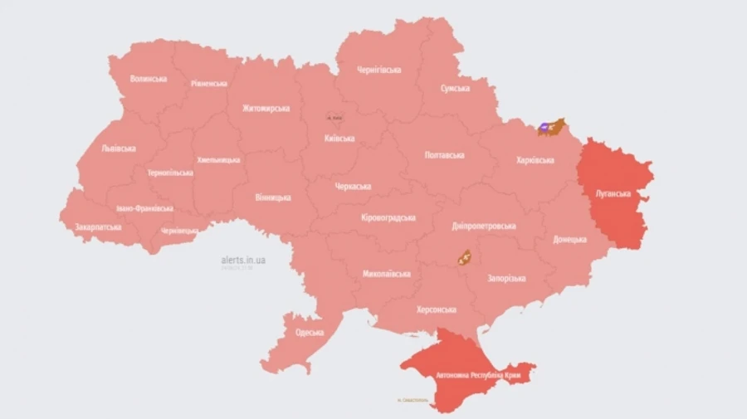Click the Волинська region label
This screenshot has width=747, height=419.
coord(149,79)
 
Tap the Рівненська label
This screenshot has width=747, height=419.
coord(208,84)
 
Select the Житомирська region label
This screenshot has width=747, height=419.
coord(266,108)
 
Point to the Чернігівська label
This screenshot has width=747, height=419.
coord(378,70)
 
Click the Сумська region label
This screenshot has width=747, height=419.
coord(455,88)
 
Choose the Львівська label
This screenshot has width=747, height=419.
coord(119,149)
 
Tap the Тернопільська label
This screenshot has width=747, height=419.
coord(170,173)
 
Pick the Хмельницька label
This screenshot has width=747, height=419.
coord(219,159)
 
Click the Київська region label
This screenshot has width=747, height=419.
coord(339,139)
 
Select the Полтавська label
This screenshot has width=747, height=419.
coord(444,155)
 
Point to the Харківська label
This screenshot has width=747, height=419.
coord(535,159)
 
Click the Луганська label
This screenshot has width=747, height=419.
coord(613,193)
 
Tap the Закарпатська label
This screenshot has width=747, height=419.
coord(98,227)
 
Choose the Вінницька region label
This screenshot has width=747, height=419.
coord(273,197)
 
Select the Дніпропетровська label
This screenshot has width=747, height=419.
coord(484,226)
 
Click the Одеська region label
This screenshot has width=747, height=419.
coord(315,333)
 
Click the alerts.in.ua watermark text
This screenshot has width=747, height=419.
coord(243,260)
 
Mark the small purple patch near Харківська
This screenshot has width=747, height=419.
coord(544,128)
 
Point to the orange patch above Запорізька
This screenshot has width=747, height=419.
coord(463,257)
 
